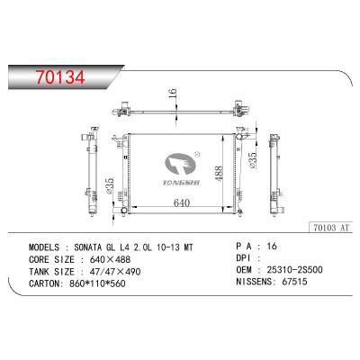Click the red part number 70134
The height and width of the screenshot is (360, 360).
point(60,77)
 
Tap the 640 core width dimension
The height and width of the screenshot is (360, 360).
point(182,203)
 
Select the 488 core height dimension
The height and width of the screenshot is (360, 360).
point(219,174)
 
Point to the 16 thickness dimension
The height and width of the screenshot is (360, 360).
point(173,94)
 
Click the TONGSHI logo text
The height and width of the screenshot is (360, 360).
point(181,183)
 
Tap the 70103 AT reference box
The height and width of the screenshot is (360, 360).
point(331,228)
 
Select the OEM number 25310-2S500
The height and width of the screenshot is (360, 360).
point(294,270)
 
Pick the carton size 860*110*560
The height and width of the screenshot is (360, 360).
point(97,283)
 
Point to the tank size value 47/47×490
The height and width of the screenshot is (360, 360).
point(115,272)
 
